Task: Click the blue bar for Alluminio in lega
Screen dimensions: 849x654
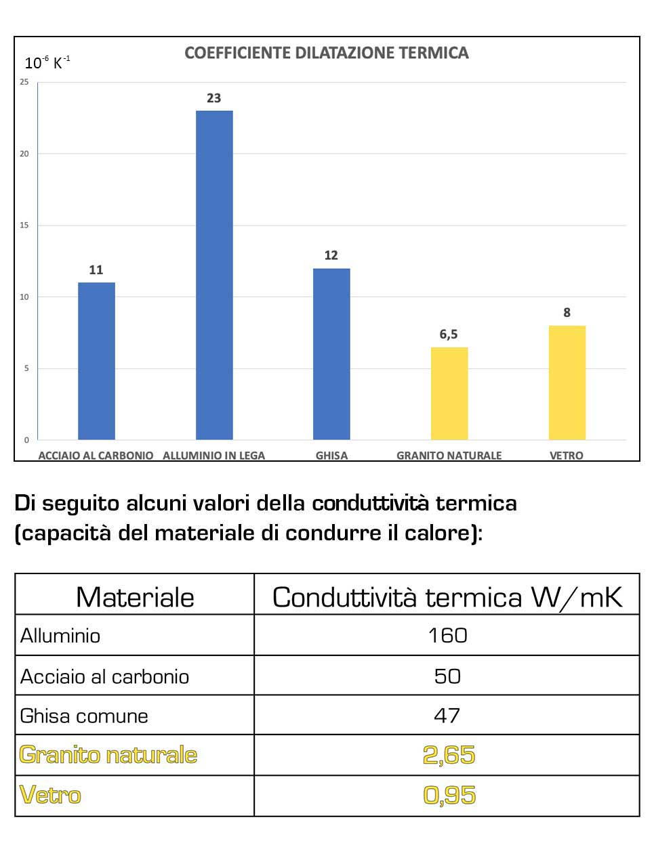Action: [214, 275]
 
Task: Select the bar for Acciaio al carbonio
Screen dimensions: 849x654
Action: [96, 361]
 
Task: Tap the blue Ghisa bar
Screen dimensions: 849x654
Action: [331, 354]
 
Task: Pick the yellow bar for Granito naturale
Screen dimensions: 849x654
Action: [449, 393]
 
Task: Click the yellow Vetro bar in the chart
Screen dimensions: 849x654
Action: [567, 383]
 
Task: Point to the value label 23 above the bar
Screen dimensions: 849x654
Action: [214, 98]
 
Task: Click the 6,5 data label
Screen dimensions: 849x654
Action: [449, 334]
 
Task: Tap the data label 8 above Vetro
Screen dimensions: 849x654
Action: [567, 313]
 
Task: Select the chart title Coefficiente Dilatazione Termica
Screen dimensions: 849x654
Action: [327, 53]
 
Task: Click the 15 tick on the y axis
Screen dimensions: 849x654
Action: [24, 225]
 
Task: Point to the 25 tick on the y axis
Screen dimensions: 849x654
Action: [24, 82]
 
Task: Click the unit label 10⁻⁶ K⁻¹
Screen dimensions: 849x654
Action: [47, 63]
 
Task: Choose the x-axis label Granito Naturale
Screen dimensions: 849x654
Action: [449, 456]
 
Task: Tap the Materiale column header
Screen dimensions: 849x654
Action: [135, 597]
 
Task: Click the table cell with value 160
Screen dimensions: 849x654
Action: [447, 635]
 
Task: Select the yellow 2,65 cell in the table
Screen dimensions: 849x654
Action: [449, 755]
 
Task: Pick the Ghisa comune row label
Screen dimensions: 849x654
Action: [84, 716]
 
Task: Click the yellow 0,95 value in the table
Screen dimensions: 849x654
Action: [449, 795]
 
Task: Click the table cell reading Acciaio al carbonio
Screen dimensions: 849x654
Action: [104, 676]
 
